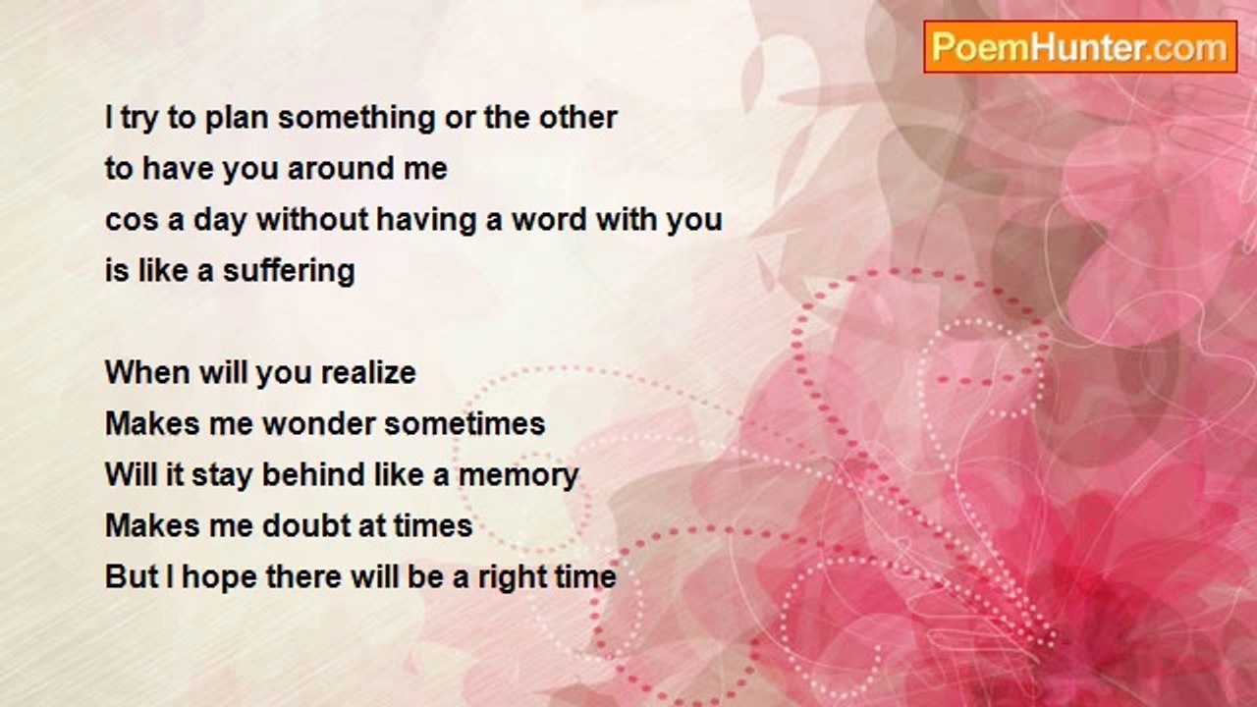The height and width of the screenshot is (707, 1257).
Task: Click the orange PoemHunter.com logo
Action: [1080, 47]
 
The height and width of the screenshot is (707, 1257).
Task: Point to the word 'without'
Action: [312, 219]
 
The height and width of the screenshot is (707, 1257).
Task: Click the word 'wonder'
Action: [319, 423]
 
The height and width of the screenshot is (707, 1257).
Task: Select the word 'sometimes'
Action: [465, 423]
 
